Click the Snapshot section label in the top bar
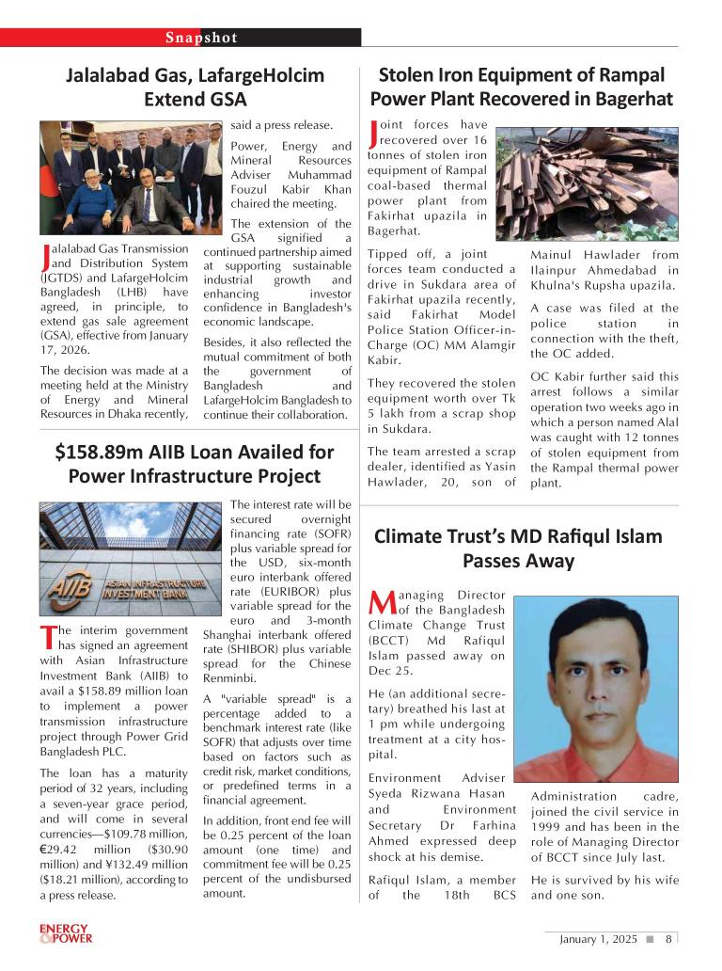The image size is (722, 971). tap(201, 38)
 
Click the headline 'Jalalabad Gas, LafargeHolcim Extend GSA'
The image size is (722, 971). tap(195, 87)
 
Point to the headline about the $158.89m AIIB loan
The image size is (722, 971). tap(195, 464)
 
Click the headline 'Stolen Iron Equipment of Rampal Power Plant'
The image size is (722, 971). tap(521, 87)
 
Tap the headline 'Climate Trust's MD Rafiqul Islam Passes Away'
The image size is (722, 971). tap(518, 549)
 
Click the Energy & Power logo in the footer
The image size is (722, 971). tap(64, 933)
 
